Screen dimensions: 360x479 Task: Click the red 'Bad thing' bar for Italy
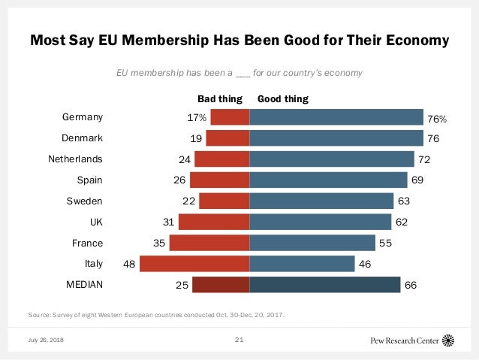pyautogui.click(x=194, y=264)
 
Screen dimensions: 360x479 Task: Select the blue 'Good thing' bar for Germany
pyautogui.click(x=336, y=117)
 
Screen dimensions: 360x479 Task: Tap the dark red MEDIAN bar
pyautogui.click(x=221, y=285)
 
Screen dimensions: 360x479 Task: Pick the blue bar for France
pyautogui.click(x=312, y=243)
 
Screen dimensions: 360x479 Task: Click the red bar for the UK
pyautogui.click(x=214, y=222)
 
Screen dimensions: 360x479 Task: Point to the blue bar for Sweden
pyautogui.click(x=321, y=201)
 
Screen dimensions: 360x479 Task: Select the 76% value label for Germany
pyautogui.click(x=438, y=118)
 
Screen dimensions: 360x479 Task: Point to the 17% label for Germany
pyautogui.click(x=197, y=118)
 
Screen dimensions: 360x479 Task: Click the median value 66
pyautogui.click(x=411, y=286)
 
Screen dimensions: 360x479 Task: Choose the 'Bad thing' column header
pyautogui.click(x=221, y=98)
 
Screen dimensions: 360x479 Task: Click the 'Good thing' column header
pyautogui.click(x=283, y=98)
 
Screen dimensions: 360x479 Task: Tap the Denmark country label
pyautogui.click(x=82, y=138)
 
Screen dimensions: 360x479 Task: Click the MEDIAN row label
pyautogui.click(x=84, y=285)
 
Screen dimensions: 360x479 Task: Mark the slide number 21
pyautogui.click(x=239, y=340)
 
